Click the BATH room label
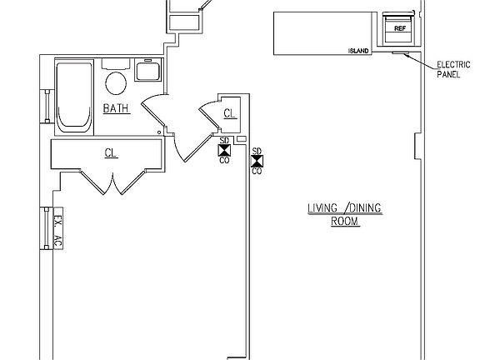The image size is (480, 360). click(x=117, y=108)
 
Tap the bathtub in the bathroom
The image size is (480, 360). click(x=74, y=97)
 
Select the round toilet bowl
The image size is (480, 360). click(x=116, y=83)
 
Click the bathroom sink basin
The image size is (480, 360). click(x=147, y=70)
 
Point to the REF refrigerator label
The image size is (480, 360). click(x=400, y=28)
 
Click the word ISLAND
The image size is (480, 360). click(x=358, y=51)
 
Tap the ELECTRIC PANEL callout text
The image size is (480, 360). click(x=453, y=69)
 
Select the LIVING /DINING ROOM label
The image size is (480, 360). click(x=345, y=214)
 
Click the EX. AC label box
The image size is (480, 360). click(x=58, y=228)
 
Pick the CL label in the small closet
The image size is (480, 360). click(x=230, y=113)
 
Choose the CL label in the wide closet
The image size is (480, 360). click(x=111, y=152)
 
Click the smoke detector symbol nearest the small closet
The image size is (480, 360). click(x=224, y=150)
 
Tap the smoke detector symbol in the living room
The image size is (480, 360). click(x=257, y=161)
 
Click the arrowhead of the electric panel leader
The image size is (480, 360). click(x=406, y=55)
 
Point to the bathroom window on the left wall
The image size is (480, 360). click(x=47, y=106)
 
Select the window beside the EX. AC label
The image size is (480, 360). click(x=46, y=228)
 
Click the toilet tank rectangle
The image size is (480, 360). click(x=116, y=64)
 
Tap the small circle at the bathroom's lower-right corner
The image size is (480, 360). click(x=159, y=132)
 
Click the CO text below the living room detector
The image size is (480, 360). click(x=257, y=171)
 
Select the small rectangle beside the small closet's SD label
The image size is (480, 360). click(x=242, y=139)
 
